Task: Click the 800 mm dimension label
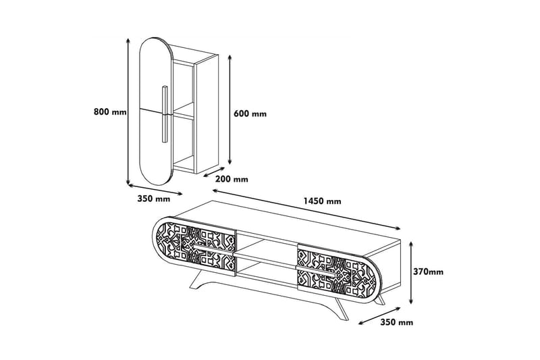click(110, 111)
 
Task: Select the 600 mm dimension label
click(250, 113)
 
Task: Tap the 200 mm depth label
click(232, 179)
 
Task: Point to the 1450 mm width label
click(322, 201)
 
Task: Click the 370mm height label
click(428, 272)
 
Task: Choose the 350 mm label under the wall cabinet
click(154, 199)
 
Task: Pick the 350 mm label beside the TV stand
click(397, 322)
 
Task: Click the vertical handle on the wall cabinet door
click(165, 113)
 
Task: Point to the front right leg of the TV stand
click(342, 308)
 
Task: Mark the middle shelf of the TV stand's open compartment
click(265, 259)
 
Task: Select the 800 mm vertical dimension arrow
click(128, 111)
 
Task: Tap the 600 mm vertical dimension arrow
click(230, 109)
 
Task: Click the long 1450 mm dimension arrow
click(306, 209)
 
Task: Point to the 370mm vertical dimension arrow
click(411, 273)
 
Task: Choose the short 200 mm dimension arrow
click(214, 172)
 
